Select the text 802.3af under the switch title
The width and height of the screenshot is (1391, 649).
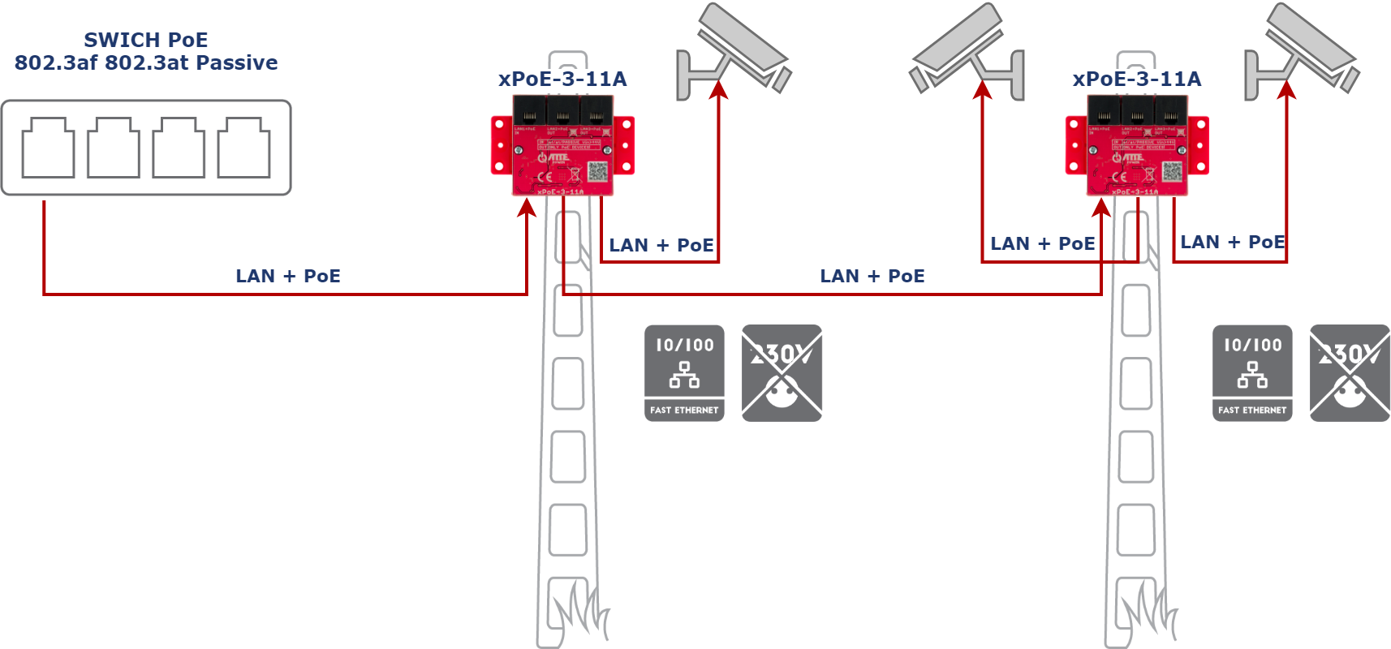pyautogui.click(x=55, y=62)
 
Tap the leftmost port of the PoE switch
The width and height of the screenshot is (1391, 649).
pyautogui.click(x=48, y=148)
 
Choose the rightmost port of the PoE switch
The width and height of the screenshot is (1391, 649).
pyautogui.click(x=243, y=148)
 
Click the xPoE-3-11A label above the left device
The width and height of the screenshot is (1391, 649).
pyautogui.click(x=562, y=79)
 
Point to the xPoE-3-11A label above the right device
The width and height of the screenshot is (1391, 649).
pyautogui.click(x=1136, y=79)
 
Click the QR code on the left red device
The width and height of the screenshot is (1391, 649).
pyautogui.click(x=597, y=171)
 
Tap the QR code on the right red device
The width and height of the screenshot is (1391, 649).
pyautogui.click(x=1172, y=171)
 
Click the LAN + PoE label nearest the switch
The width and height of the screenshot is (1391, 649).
pyautogui.click(x=288, y=276)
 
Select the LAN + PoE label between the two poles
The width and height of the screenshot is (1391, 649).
pyautogui.click(x=872, y=276)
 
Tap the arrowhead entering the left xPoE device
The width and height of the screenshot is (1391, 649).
pyautogui.click(x=528, y=208)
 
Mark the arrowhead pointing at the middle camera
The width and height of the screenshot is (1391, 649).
pyautogui.click(x=983, y=88)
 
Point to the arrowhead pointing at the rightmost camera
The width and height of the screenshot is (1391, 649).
pyautogui.click(x=1286, y=88)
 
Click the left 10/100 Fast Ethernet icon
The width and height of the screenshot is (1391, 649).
pyautogui.click(x=684, y=373)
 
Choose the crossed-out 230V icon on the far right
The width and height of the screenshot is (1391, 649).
pyautogui.click(x=1350, y=373)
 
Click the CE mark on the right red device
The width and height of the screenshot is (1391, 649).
pyautogui.click(x=1118, y=175)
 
